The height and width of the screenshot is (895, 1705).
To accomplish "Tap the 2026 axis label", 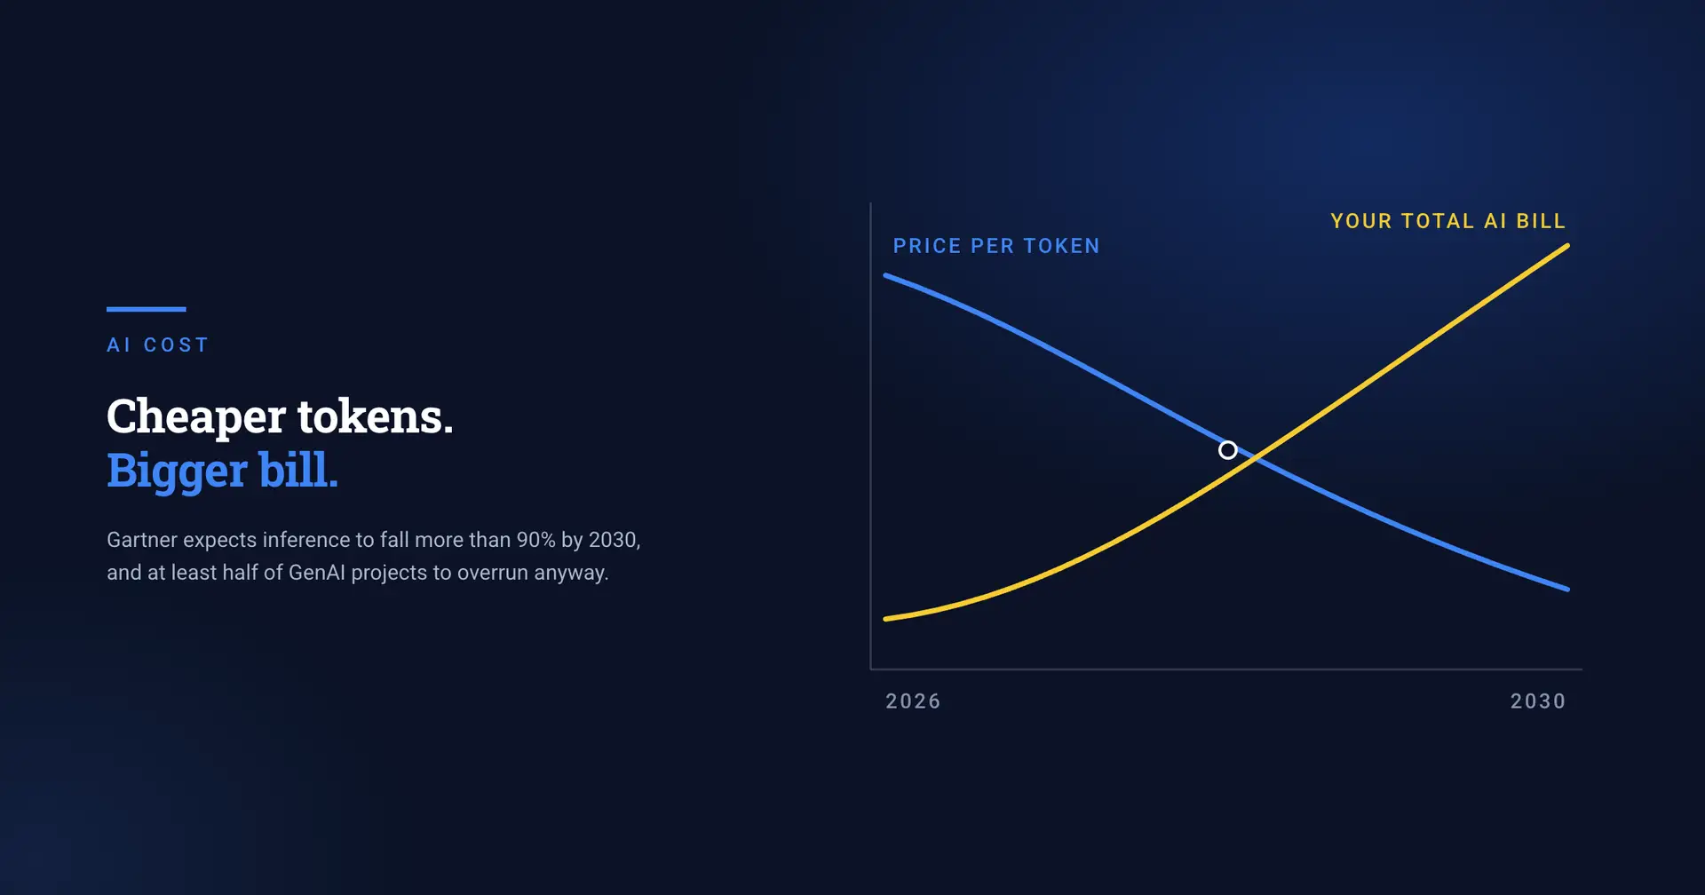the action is [913, 701].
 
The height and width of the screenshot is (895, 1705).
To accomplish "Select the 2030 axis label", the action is [1538, 701].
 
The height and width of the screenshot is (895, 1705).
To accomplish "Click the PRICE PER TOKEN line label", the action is [996, 246].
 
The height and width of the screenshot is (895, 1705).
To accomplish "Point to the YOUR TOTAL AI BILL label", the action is [1448, 221].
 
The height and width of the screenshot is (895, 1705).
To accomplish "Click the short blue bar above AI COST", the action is [147, 309].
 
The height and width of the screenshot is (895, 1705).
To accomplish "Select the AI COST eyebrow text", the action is [158, 345].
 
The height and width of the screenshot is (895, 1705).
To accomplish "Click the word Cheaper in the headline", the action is [196, 417].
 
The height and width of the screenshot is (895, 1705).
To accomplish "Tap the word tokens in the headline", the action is [375, 416].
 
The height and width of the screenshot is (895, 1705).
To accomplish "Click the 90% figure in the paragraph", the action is [535, 540].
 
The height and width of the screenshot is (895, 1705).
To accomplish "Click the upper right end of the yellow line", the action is [1567, 246].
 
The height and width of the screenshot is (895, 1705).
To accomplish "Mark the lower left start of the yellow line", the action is [886, 619].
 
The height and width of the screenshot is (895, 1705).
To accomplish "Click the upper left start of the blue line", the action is [886, 276].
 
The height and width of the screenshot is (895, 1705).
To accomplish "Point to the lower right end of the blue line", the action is [1567, 589].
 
